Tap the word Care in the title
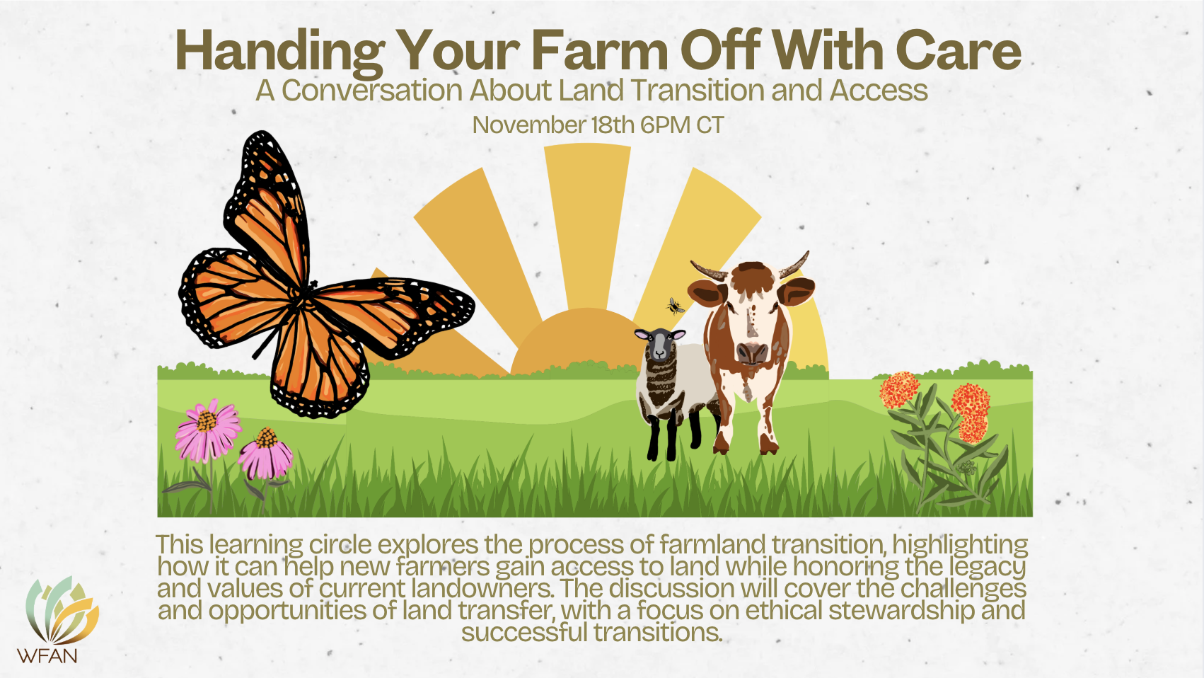pyautogui.click(x=959, y=50)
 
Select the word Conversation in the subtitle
pyautogui.click(x=372, y=91)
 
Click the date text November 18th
pyautogui.click(x=553, y=125)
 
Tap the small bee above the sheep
pyautogui.click(x=675, y=306)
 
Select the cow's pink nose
pyautogui.click(x=753, y=353)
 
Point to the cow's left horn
pyautogui.click(x=709, y=270)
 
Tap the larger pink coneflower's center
pyautogui.click(x=207, y=422)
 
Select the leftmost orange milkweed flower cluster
pyautogui.click(x=899, y=389)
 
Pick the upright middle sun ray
pyautogui.click(x=587, y=226)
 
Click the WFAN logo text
pyautogui.click(x=47, y=655)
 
